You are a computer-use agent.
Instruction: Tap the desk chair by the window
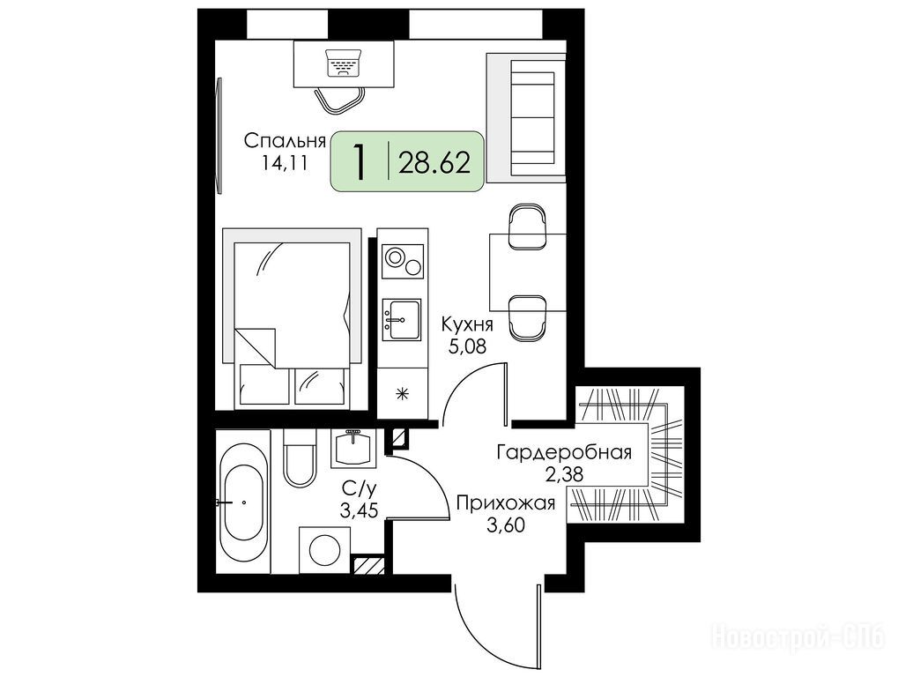(x=340, y=101)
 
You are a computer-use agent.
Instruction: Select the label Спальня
(x=285, y=141)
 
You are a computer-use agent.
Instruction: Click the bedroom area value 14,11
(x=285, y=163)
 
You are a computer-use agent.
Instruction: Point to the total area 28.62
(x=434, y=163)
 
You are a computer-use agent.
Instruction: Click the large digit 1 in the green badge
(x=360, y=162)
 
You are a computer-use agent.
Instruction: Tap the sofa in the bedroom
(x=526, y=119)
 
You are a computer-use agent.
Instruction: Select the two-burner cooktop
(x=403, y=261)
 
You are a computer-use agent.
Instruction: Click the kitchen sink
(x=402, y=320)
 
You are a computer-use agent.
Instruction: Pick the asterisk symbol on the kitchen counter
(x=403, y=393)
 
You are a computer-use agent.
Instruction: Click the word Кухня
(x=467, y=324)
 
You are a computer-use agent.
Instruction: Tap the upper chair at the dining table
(x=527, y=227)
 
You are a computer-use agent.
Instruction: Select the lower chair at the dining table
(x=527, y=316)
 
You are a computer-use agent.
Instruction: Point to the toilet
(x=299, y=458)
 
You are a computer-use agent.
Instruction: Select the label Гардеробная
(x=564, y=452)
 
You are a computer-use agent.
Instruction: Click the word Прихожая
(x=506, y=503)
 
